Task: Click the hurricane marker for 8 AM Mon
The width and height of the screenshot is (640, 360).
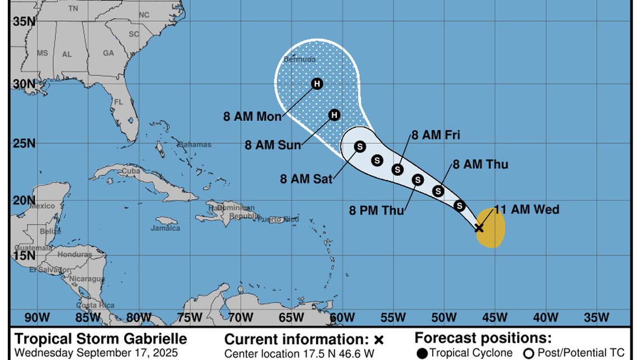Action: (x=317, y=84)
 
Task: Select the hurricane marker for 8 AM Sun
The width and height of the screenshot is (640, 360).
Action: (x=335, y=115)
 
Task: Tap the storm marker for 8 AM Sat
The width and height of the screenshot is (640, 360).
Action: (x=360, y=146)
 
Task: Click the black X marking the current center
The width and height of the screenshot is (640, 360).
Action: (x=479, y=227)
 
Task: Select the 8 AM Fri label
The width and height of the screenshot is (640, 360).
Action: (x=436, y=135)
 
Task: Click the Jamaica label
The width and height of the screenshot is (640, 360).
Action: (x=166, y=228)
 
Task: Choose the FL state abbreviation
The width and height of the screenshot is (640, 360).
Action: (x=118, y=102)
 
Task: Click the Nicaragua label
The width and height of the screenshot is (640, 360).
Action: (x=87, y=279)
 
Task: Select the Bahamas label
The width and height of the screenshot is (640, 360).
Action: (x=195, y=144)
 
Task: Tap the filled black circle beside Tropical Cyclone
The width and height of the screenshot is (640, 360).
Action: (x=422, y=353)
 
